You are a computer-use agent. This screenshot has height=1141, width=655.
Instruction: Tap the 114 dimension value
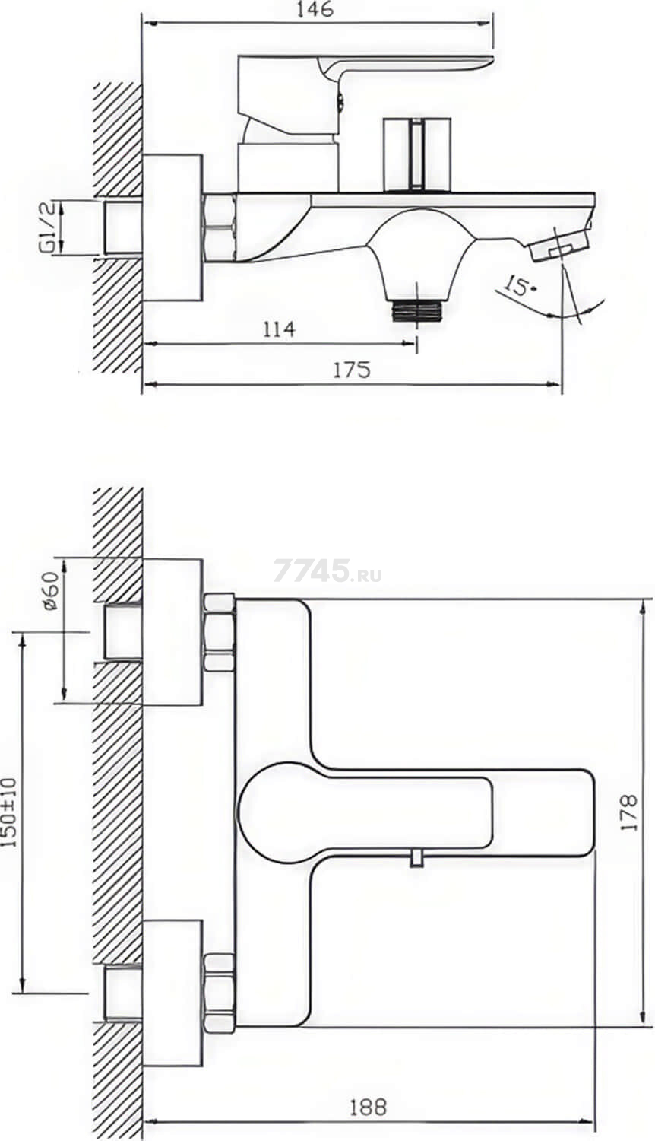point(279,329)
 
